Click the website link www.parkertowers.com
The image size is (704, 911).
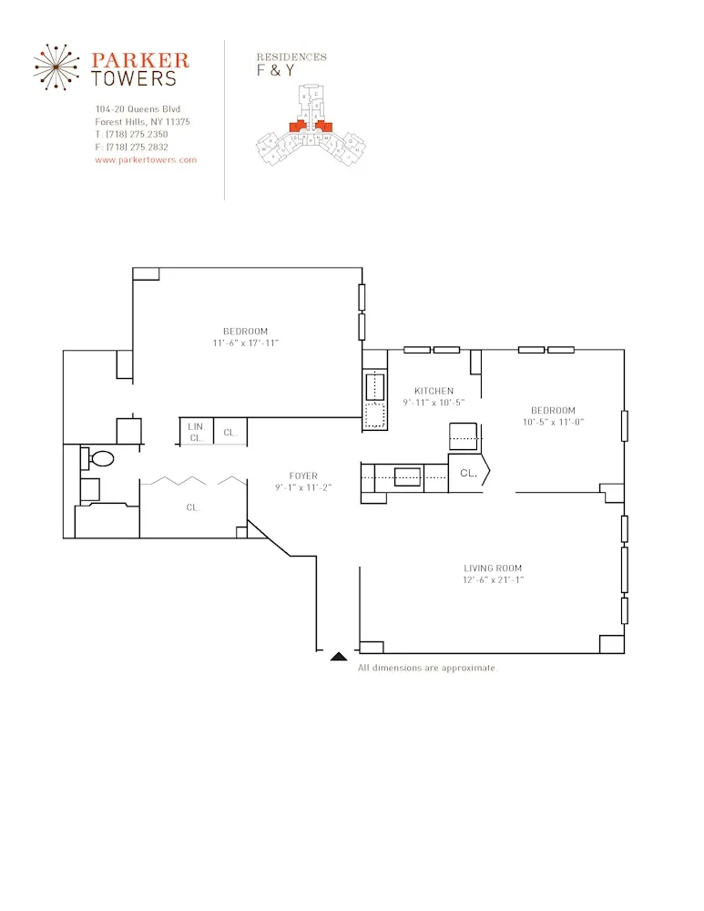click(x=146, y=159)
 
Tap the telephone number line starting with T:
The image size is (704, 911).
click(x=131, y=134)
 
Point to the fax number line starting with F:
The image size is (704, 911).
click(x=131, y=147)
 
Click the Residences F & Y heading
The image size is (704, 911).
click(x=291, y=64)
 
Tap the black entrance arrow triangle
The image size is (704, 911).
click(x=339, y=655)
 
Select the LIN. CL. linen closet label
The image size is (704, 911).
click(x=196, y=432)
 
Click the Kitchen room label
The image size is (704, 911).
click(x=434, y=391)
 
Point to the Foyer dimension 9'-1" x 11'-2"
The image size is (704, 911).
click(x=303, y=487)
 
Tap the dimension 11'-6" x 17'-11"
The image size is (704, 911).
click(x=245, y=343)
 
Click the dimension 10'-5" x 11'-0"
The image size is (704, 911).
click(x=553, y=422)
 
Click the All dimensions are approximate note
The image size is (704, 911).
click(x=427, y=668)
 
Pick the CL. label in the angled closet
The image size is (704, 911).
click(x=468, y=473)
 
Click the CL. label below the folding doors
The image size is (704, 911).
click(x=193, y=507)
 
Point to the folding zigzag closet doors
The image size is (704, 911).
click(x=192, y=479)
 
